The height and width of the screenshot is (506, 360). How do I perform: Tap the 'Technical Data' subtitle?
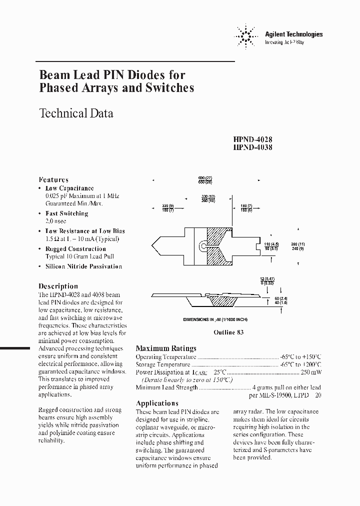76,113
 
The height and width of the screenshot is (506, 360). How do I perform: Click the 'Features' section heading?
53,179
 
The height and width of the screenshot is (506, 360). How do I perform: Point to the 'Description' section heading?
58,286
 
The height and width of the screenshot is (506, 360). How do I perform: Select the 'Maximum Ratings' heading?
166,348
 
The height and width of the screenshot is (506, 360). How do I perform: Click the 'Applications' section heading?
157,403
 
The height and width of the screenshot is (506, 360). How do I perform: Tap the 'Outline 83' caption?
228,333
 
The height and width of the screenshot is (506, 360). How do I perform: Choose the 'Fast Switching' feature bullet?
66,213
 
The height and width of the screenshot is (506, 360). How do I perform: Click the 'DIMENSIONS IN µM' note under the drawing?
215,319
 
